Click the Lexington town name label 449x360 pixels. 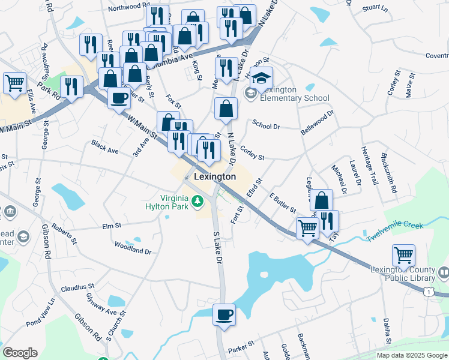pos(215,178)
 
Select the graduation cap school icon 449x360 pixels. pos(262,78)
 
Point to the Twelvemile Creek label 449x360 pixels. pos(396,231)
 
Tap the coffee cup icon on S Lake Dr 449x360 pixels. pos(224,315)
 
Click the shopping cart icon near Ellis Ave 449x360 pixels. pos(14,83)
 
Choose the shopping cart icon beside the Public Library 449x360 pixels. pos(403,256)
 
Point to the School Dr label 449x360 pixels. pos(266,127)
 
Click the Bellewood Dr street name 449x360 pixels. pos(317,123)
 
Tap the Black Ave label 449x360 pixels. pos(105,146)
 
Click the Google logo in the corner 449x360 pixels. pos(20,353)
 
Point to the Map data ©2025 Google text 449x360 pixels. pos(411,355)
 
